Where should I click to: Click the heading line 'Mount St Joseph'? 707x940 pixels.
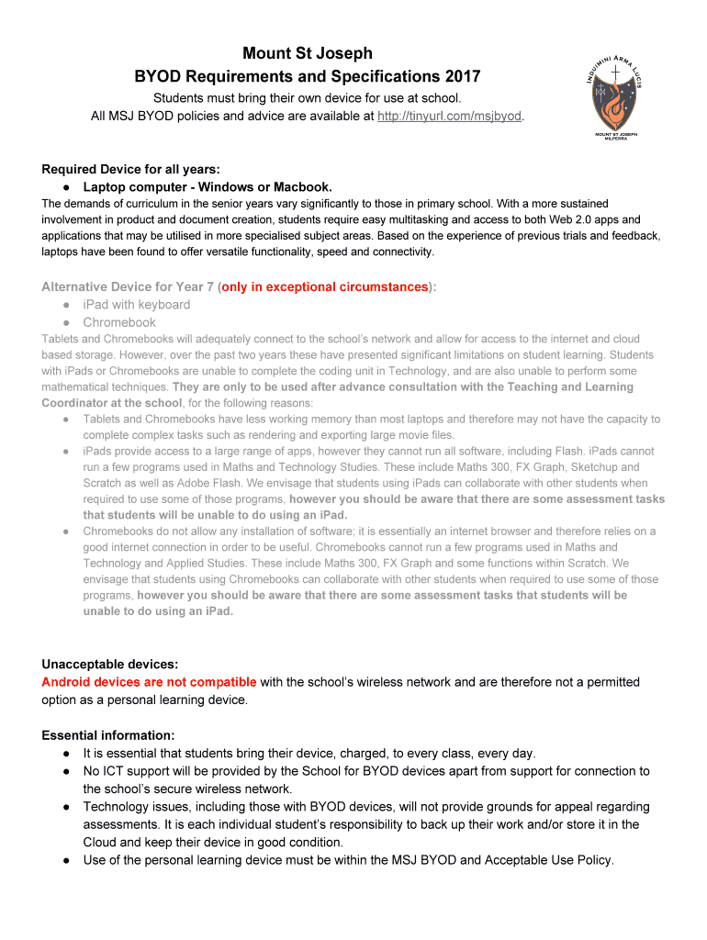[x=307, y=53]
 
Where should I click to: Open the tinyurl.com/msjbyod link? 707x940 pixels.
[x=449, y=117]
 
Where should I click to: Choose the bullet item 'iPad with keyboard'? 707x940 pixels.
[x=137, y=305]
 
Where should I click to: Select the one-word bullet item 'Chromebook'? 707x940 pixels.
[x=119, y=322]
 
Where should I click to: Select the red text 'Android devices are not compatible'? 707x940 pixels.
[x=149, y=682]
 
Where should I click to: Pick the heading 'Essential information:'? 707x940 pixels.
[x=107, y=735]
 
